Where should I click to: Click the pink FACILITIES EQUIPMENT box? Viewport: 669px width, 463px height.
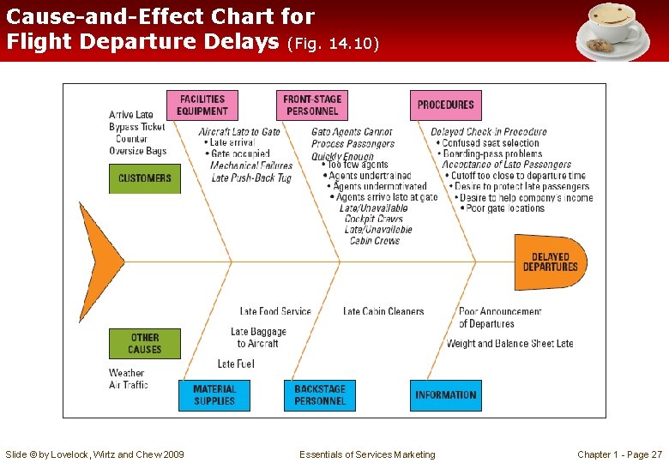coord(202,105)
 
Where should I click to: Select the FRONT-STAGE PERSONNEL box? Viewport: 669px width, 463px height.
coord(311,105)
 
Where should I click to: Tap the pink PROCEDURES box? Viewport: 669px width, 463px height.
coord(445,105)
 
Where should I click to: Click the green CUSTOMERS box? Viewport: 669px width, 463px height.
coord(145,178)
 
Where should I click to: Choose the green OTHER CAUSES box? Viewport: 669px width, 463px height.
coord(145,344)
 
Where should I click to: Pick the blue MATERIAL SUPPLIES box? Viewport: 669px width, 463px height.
coord(214,395)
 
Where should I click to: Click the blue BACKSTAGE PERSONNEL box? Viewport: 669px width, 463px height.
coord(319,395)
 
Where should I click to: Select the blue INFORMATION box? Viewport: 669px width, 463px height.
coord(445,395)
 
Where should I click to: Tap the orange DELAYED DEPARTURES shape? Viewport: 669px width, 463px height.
coord(550,262)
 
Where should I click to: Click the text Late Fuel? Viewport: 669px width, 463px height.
coord(236,364)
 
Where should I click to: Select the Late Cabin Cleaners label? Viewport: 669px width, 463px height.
coord(383,311)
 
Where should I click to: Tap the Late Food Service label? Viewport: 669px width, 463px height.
coord(275,311)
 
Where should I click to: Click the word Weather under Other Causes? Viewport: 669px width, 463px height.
coord(127,373)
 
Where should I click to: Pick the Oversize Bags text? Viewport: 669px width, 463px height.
coord(138,151)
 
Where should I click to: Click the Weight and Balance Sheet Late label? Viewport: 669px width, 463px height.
coord(510,344)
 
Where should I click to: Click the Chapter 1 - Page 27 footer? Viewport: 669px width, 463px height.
coord(619,454)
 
